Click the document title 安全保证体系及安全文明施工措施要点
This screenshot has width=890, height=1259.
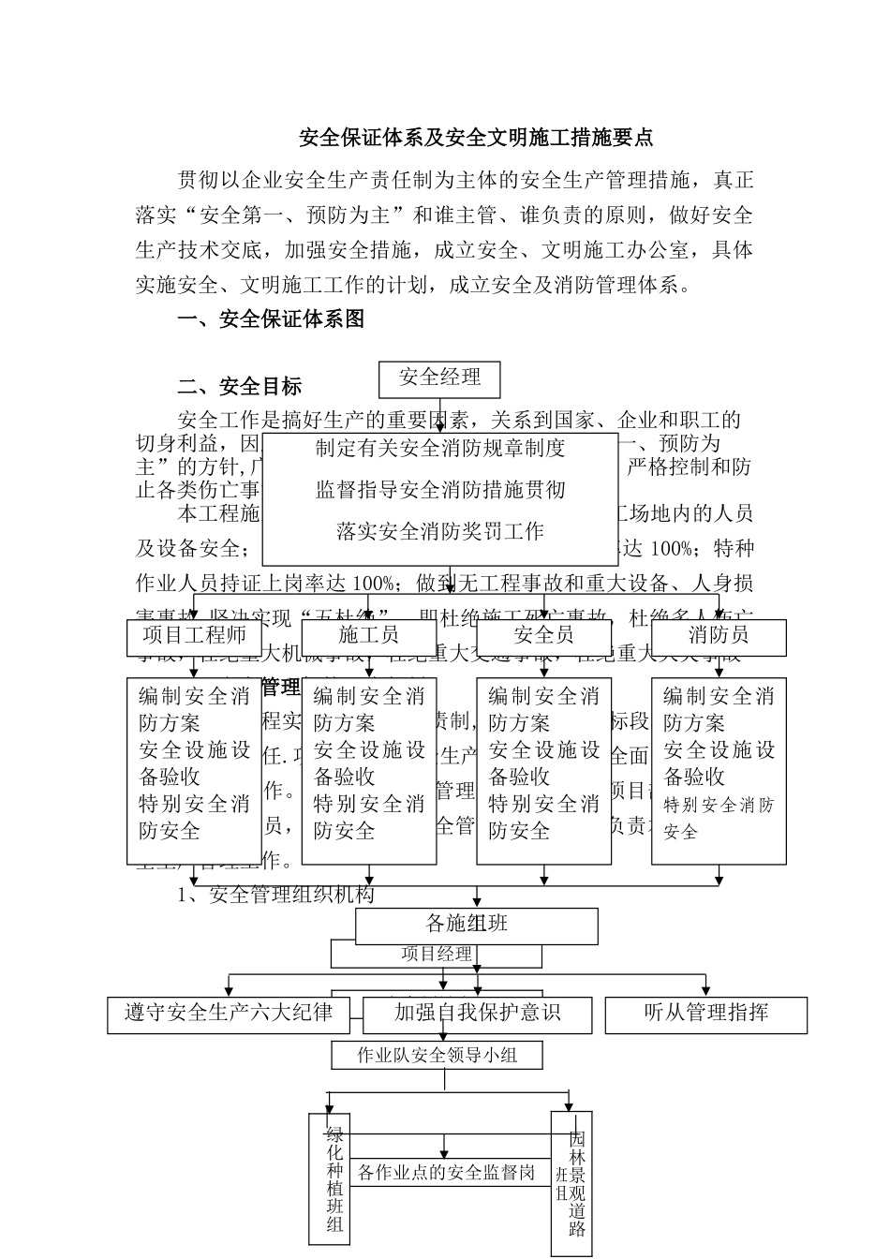click(475, 138)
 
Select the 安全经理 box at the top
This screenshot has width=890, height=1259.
click(439, 378)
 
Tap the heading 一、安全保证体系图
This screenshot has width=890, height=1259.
click(271, 319)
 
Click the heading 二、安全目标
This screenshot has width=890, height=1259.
click(240, 386)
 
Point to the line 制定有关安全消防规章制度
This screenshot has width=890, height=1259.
click(440, 449)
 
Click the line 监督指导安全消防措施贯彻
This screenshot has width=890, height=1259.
click(440, 490)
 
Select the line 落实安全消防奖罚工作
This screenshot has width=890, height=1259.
click(440, 532)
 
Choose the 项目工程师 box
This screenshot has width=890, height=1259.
click(194, 636)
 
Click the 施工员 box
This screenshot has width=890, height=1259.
click(368, 636)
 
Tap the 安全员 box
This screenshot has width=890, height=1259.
click(543, 636)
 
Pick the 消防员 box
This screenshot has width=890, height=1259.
click(718, 636)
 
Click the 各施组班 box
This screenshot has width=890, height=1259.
click(476, 925)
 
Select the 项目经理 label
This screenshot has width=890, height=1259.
click(437, 955)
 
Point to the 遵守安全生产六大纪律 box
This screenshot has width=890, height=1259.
click(229, 1014)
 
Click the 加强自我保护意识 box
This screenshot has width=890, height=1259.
click(477, 1014)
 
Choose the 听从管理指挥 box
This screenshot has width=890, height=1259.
click(705, 1014)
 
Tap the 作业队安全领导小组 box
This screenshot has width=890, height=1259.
click(437, 1056)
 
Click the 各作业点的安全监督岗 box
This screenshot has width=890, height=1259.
click(446, 1172)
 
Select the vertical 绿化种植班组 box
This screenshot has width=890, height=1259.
click(334, 1178)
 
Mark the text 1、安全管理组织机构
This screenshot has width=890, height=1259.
click(276, 895)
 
